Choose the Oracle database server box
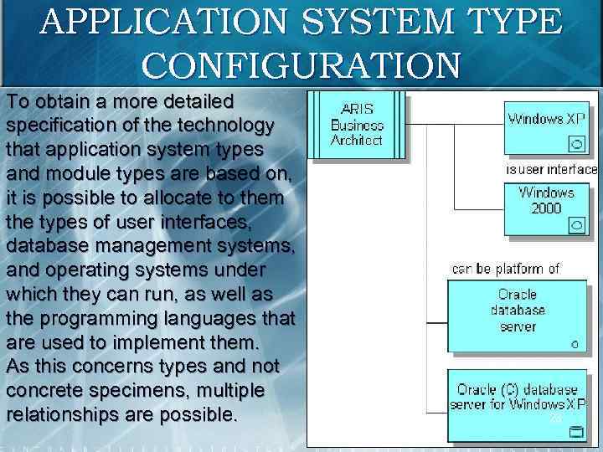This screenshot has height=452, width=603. click(518, 315)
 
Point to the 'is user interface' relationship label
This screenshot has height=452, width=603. click(551, 169)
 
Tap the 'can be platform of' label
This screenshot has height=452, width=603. click(506, 269)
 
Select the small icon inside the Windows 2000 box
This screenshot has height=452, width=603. click(576, 225)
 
